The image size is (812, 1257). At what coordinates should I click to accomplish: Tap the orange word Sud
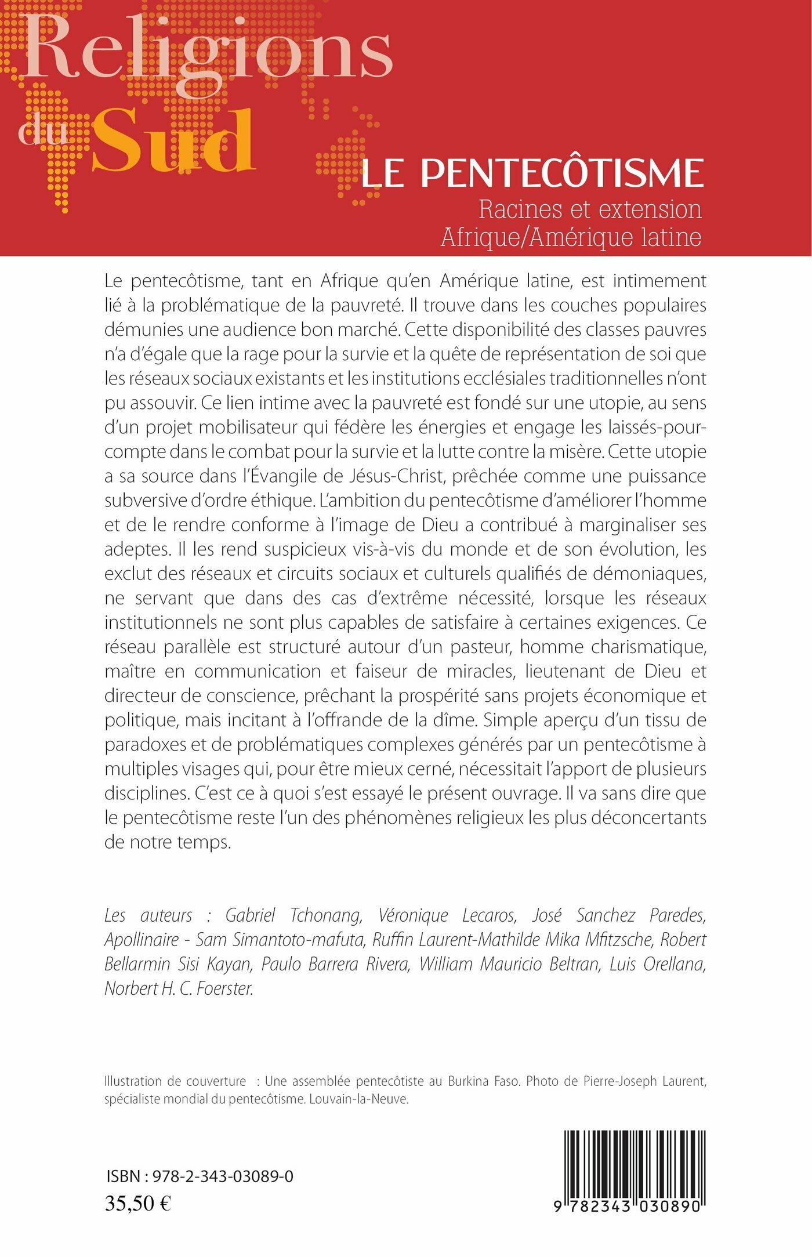173,142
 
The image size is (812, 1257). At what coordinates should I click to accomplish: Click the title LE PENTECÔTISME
532,173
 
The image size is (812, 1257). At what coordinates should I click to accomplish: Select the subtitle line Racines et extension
590,209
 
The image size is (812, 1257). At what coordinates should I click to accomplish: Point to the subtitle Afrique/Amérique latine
571,237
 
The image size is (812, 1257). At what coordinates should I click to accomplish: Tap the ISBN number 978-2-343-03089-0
223,1176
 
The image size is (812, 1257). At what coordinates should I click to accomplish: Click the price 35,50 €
138,1204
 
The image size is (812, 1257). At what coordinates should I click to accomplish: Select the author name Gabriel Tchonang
293,915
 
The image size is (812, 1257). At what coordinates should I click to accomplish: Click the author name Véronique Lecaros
447,915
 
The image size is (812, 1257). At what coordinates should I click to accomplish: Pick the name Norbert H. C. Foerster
179,988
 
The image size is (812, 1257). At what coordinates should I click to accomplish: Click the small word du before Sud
43,132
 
